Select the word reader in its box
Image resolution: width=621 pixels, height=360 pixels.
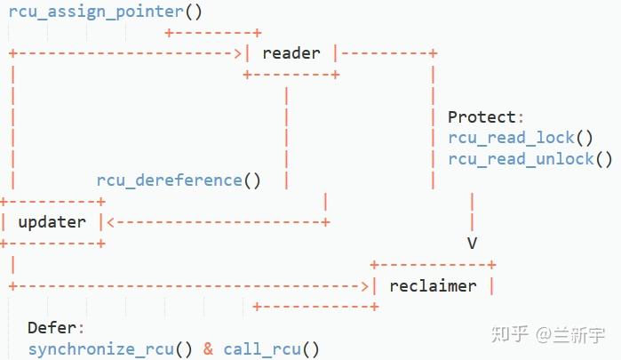click(291, 53)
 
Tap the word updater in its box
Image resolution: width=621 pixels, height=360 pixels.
click(52, 221)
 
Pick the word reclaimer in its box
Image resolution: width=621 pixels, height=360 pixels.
click(433, 285)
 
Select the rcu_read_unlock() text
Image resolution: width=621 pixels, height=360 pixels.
click(530, 159)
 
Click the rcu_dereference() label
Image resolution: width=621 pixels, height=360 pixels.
click(179, 180)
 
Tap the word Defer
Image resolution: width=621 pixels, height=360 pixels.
click(52, 328)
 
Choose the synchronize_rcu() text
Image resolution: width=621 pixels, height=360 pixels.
click(110, 348)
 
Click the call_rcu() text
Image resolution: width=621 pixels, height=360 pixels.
click(271, 348)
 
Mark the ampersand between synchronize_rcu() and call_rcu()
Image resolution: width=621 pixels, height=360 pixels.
click(208, 348)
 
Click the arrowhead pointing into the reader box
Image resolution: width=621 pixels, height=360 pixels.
click(237, 53)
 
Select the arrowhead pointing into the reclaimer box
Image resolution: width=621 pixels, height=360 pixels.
click(364, 285)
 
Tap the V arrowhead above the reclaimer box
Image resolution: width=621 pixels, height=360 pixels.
click(472, 243)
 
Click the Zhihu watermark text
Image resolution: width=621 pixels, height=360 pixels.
click(547, 335)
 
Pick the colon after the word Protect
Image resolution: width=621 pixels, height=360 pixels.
click(521, 117)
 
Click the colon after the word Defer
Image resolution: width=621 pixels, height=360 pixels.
click(81, 328)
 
